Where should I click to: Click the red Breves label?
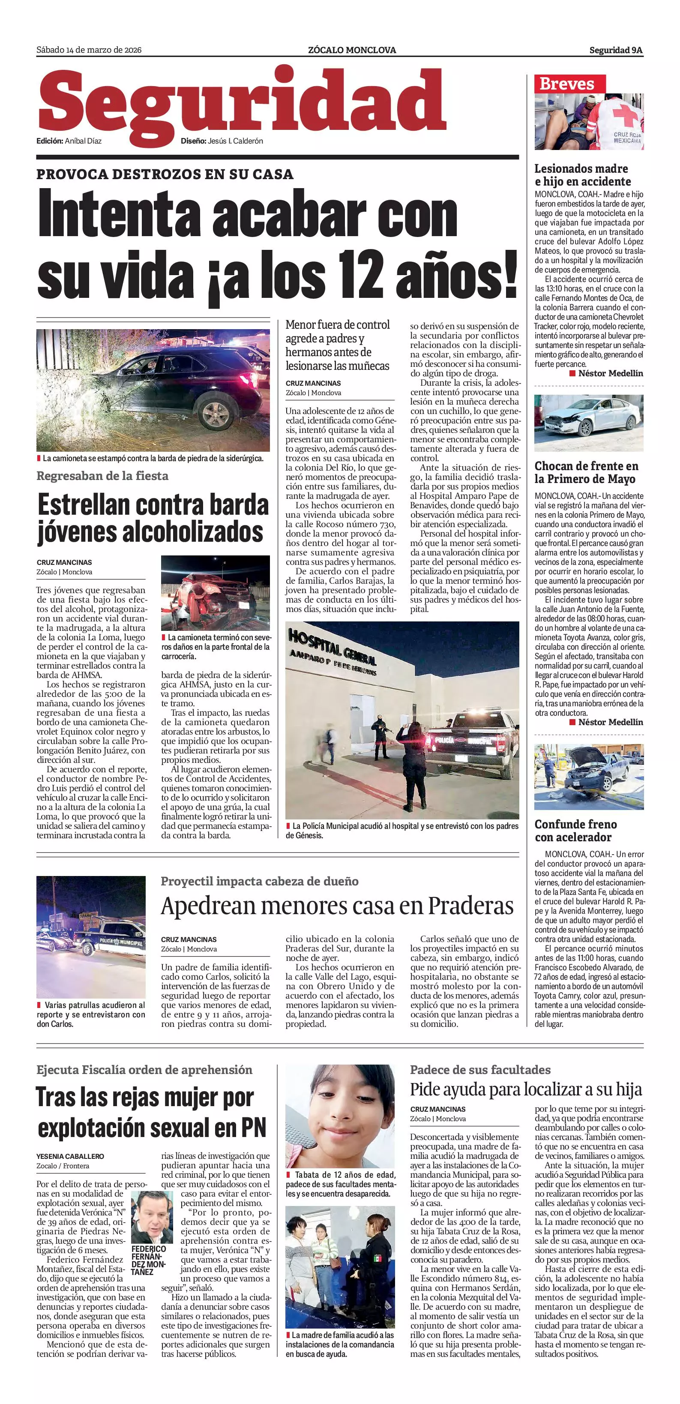click(x=566, y=84)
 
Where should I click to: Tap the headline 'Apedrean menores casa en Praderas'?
click(x=337, y=906)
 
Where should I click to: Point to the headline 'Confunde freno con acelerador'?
click(x=576, y=831)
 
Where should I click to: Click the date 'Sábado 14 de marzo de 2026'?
click(x=89, y=50)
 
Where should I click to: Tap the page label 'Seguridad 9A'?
click(x=616, y=50)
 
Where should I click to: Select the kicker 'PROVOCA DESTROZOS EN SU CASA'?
click(x=165, y=174)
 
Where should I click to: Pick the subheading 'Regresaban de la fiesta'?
click(x=102, y=476)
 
